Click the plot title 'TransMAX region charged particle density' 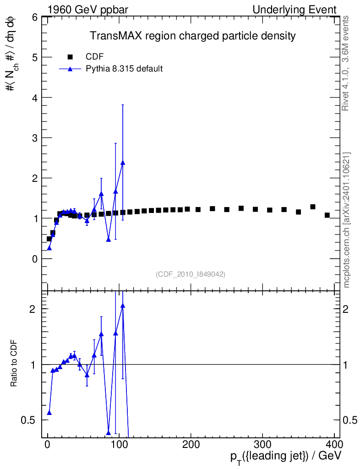point(192,36)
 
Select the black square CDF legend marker point(70,57)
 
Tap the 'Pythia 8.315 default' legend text point(125,69)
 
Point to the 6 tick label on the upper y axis point(34,17)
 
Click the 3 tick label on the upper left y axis point(34,138)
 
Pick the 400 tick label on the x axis point(333,445)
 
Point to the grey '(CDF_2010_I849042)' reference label point(191,274)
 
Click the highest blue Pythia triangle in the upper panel point(123,163)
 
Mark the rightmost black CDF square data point point(327,215)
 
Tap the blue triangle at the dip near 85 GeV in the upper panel point(109,239)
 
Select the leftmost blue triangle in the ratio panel point(49,413)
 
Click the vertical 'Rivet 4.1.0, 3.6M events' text point(346,63)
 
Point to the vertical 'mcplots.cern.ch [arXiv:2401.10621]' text point(346,220)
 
